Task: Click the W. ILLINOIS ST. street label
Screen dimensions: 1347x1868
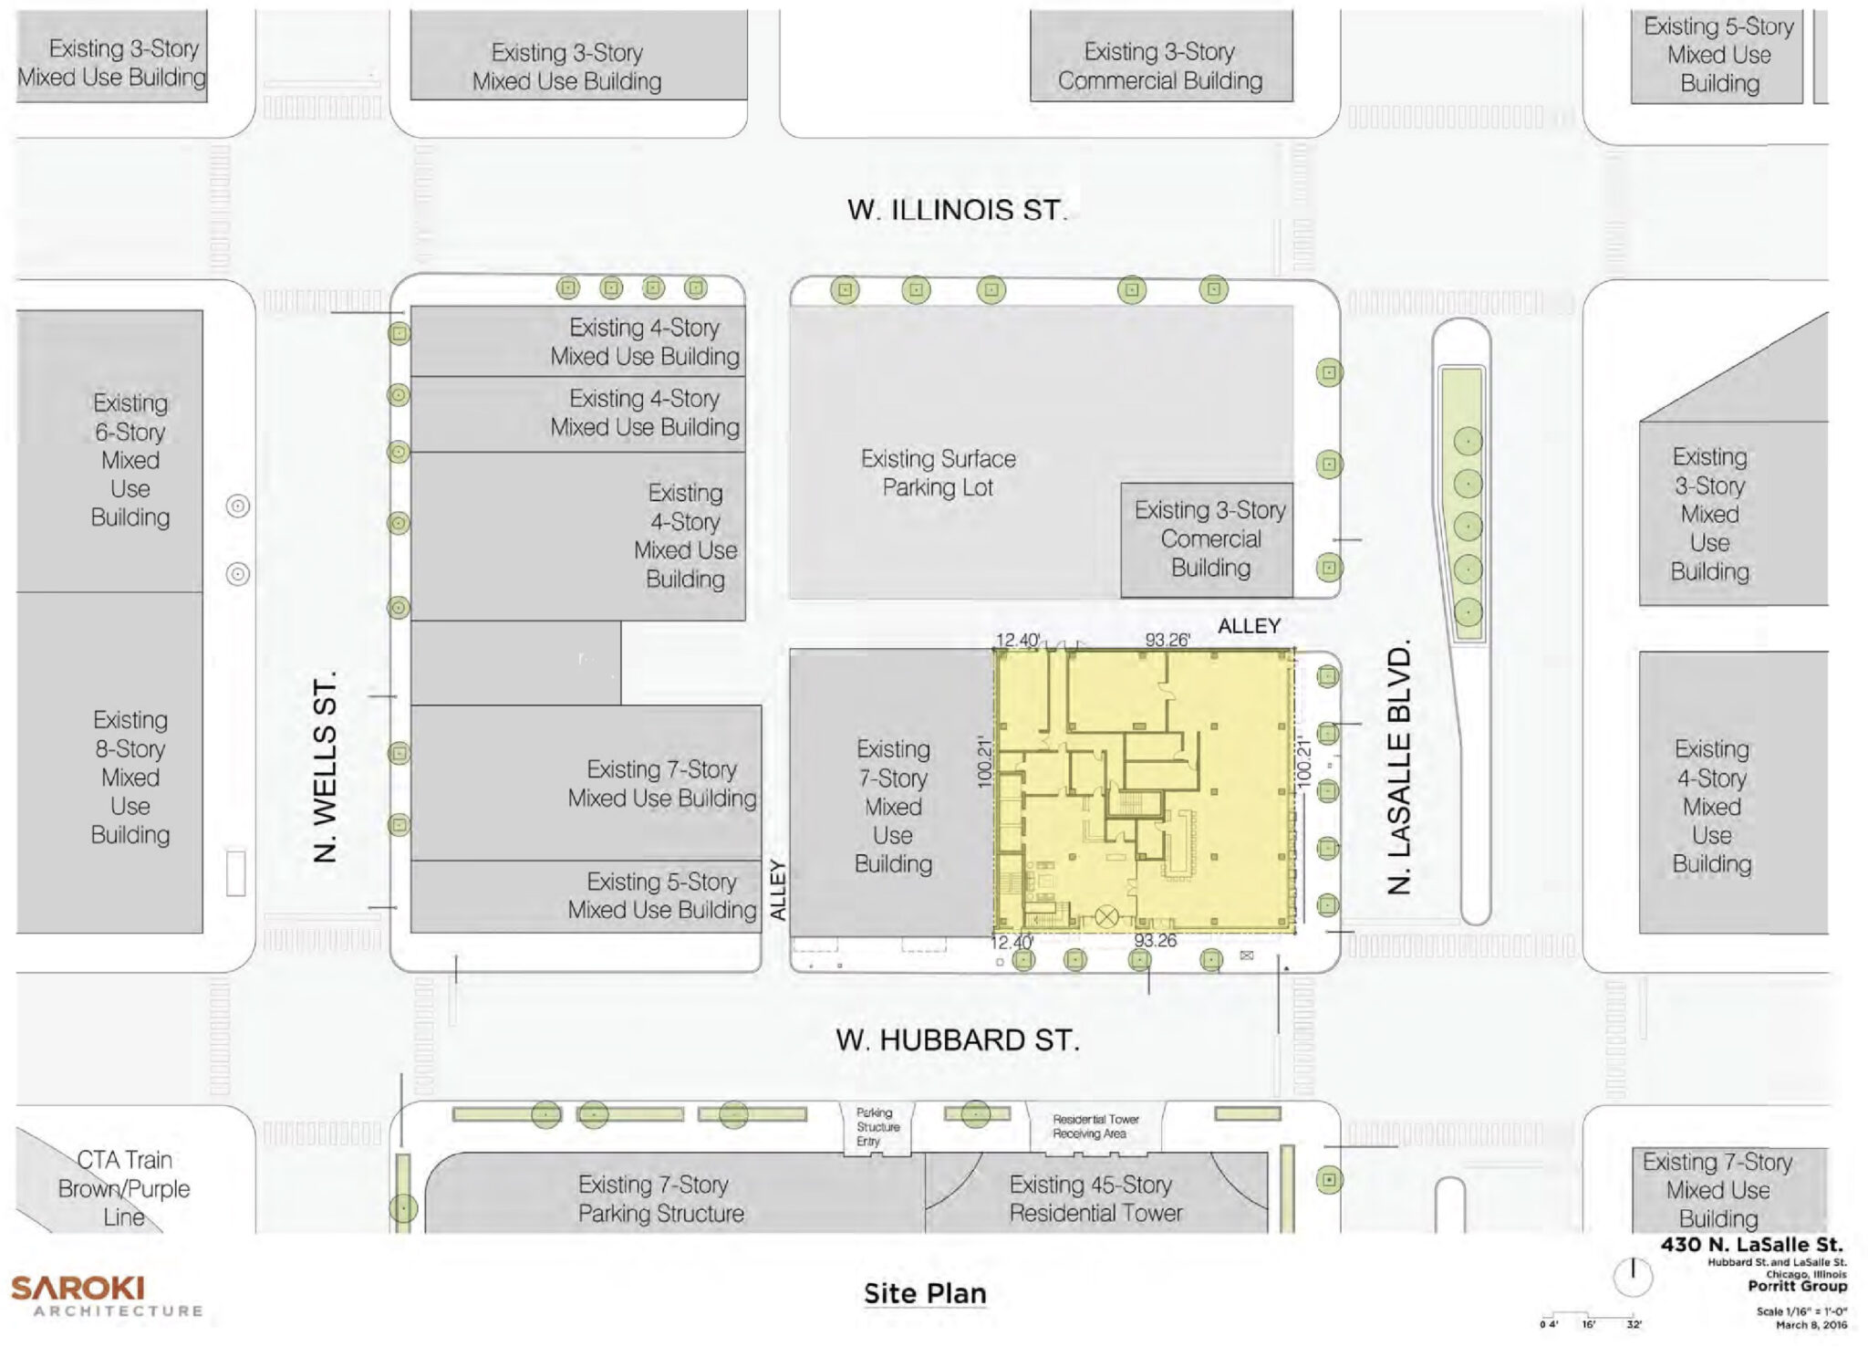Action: [956, 210]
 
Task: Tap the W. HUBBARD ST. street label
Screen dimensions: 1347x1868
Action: [957, 1039]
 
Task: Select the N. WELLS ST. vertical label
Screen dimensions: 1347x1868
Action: [325, 767]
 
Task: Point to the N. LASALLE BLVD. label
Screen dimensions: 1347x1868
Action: [1398, 767]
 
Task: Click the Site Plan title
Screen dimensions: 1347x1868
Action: [925, 1293]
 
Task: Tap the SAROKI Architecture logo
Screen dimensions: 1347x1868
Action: [106, 1296]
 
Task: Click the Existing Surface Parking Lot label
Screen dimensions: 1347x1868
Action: [938, 473]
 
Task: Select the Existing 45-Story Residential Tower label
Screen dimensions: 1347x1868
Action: [1095, 1198]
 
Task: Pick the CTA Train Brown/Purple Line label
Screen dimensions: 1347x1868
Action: [124, 1188]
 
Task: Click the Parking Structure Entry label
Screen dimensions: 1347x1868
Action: [877, 1127]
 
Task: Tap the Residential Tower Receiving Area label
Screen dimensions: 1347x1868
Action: [1095, 1126]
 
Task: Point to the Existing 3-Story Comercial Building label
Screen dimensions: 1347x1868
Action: [1209, 538]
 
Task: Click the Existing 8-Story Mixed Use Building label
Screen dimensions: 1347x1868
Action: [130, 777]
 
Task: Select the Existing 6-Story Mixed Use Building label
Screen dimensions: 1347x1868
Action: [130, 460]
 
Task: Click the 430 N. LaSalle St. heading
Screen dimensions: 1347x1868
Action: [1751, 1245]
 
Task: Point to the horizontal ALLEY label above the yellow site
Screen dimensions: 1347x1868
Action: [1249, 626]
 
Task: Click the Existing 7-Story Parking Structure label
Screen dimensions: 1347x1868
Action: [660, 1198]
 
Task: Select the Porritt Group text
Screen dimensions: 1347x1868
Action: [1797, 1287]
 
